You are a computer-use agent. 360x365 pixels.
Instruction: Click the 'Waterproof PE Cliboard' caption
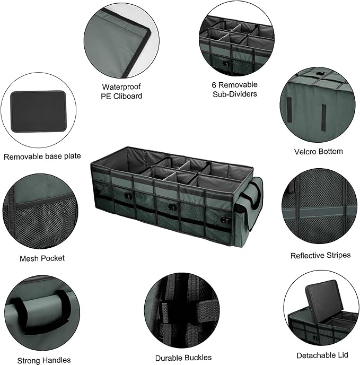click(122, 91)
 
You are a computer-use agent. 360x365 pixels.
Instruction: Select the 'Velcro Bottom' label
click(318, 151)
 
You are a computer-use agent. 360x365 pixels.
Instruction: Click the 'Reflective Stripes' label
click(320, 255)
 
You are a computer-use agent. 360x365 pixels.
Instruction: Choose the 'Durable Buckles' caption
click(183, 358)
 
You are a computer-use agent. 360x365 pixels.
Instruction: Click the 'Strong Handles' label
click(43, 360)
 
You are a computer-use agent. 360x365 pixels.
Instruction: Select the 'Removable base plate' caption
click(42, 156)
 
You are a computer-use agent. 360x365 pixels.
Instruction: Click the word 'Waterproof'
click(122, 86)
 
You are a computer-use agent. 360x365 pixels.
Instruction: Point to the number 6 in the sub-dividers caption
click(213, 84)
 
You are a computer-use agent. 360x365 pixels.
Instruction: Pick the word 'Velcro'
click(306, 151)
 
